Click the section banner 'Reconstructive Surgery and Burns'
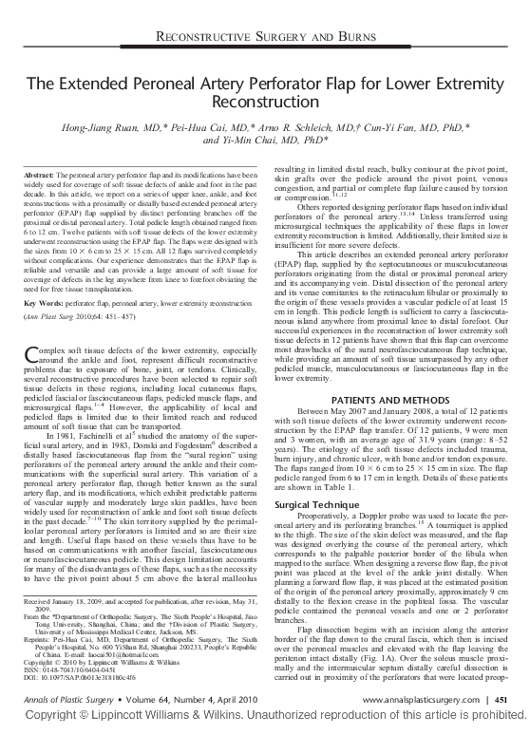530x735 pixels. (264, 37)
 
